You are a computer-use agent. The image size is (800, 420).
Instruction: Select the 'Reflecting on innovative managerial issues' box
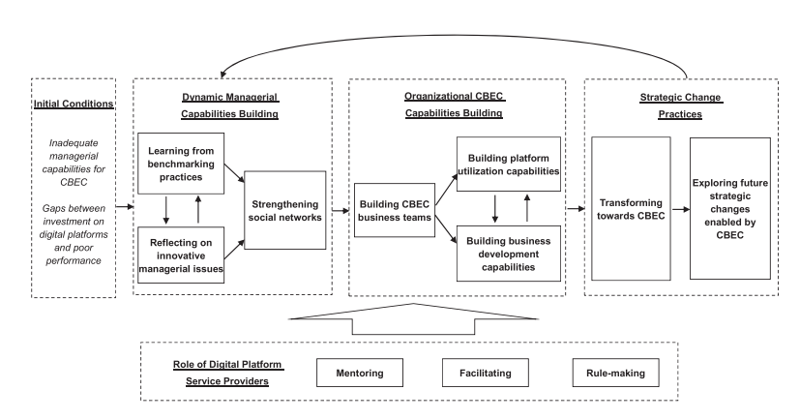[x=181, y=254]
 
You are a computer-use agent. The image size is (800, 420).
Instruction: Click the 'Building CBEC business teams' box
[x=392, y=210]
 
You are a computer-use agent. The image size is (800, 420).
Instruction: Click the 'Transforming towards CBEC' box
[x=630, y=209]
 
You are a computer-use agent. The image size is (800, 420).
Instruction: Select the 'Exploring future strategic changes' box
[x=729, y=209]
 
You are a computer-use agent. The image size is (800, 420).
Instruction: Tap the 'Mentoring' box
[x=359, y=371]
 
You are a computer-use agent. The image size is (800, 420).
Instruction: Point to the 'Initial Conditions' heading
[x=74, y=105]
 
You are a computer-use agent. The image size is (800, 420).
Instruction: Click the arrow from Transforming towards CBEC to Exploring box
[x=679, y=209]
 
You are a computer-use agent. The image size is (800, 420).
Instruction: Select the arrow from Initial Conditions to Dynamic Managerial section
[x=122, y=207]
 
